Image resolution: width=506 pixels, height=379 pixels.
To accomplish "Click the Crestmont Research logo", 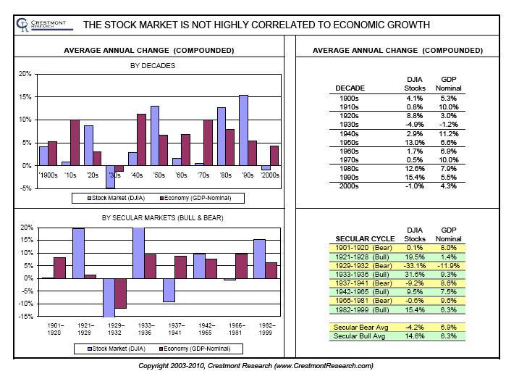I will [x=40, y=25].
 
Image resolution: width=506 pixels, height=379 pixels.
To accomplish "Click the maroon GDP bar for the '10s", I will [x=75, y=143].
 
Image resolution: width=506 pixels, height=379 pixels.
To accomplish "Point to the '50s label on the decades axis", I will [x=154, y=175].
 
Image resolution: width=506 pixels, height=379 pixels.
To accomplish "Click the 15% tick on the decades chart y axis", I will [x=25, y=97].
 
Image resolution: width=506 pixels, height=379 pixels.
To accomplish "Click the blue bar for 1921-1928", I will [x=79, y=253].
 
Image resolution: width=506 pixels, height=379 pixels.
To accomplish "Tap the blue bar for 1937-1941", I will [x=169, y=290].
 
